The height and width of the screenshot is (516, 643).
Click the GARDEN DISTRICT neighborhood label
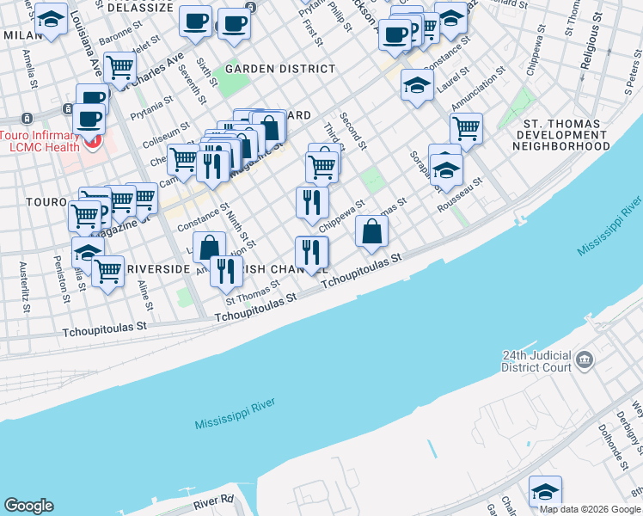[268, 69]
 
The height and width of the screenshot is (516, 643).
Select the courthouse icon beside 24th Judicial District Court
[585, 358]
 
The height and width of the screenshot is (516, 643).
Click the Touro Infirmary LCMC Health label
[40, 142]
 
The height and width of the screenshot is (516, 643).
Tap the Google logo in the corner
[28, 506]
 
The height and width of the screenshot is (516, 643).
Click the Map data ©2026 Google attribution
[590, 509]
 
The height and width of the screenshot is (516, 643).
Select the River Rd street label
[214, 500]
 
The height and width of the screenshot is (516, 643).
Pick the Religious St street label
[590, 48]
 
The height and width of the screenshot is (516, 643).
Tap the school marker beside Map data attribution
[544, 492]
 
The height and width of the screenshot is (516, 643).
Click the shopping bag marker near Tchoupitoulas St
[371, 230]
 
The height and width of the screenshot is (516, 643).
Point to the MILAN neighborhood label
[22, 34]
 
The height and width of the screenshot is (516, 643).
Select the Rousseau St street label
[460, 192]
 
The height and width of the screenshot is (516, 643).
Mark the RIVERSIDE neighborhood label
[158, 269]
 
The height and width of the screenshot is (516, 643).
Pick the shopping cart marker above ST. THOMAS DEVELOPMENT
[465, 128]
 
